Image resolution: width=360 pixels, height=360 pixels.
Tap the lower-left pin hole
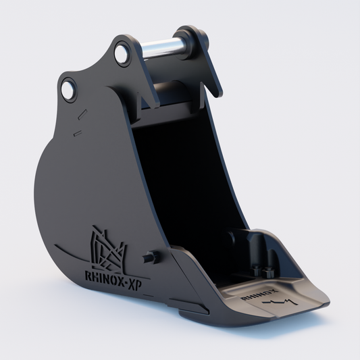click(68, 89)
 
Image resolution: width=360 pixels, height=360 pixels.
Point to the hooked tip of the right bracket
click(217, 93)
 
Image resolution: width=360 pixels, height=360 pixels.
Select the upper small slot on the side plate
click(82, 114)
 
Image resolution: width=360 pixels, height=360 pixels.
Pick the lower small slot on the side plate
click(78, 133)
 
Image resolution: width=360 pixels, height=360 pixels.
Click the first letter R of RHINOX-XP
click(88, 276)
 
